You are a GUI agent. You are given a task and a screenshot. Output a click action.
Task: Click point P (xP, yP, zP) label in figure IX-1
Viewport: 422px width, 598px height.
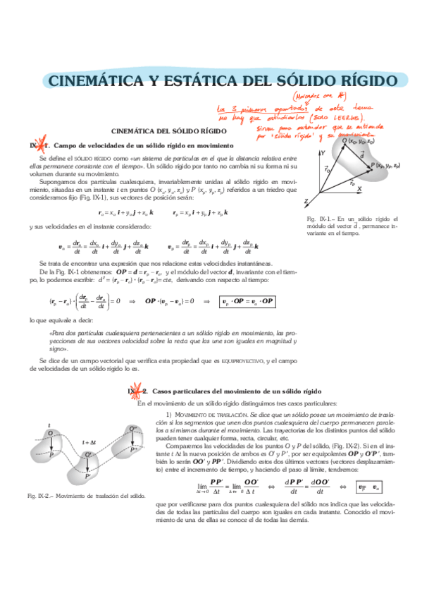(386, 165)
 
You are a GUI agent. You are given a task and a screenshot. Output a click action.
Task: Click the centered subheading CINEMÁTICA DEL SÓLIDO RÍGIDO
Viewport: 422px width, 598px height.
(169, 131)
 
